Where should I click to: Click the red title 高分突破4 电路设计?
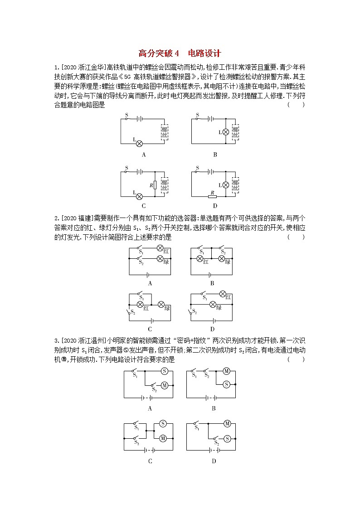pos(180,53)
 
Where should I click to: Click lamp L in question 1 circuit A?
pos(140,143)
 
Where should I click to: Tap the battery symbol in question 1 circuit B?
pos(211,119)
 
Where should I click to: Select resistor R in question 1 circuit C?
pos(155,185)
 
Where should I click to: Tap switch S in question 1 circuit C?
pos(128,171)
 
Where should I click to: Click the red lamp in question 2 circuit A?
pos(160,248)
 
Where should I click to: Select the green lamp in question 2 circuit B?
pos(222,258)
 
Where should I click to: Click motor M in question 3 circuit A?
pos(165,385)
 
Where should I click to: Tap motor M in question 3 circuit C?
pos(163,438)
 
